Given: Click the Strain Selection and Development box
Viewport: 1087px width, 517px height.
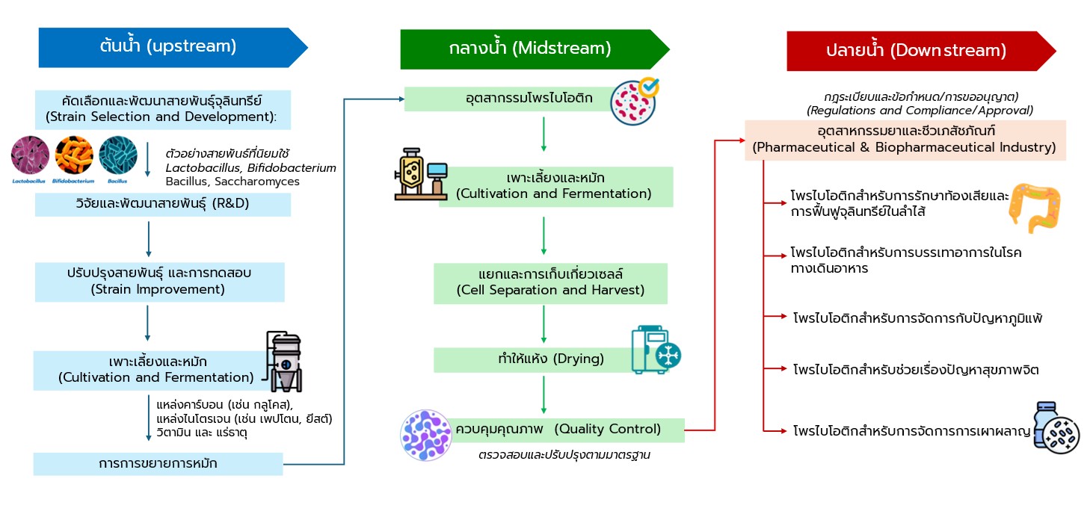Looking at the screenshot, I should pyautogui.click(x=162, y=109).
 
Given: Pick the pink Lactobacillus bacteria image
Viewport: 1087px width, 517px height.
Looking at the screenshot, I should pyautogui.click(x=31, y=156).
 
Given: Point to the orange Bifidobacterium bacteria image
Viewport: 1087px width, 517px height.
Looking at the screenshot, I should pyautogui.click(x=74, y=156).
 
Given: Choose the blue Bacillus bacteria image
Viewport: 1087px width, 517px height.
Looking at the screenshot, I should pyautogui.click(x=117, y=156).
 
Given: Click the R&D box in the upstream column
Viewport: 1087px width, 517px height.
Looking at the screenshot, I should pyautogui.click(x=162, y=205).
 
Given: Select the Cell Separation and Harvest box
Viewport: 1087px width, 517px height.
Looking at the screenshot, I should pyautogui.click(x=550, y=282).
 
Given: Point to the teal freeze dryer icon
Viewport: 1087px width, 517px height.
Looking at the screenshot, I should pyautogui.click(x=656, y=349).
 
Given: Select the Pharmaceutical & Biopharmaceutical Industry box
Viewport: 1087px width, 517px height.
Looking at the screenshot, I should pyautogui.click(x=905, y=139).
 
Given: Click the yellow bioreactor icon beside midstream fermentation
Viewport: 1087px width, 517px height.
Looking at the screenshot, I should pyautogui.click(x=419, y=174).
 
